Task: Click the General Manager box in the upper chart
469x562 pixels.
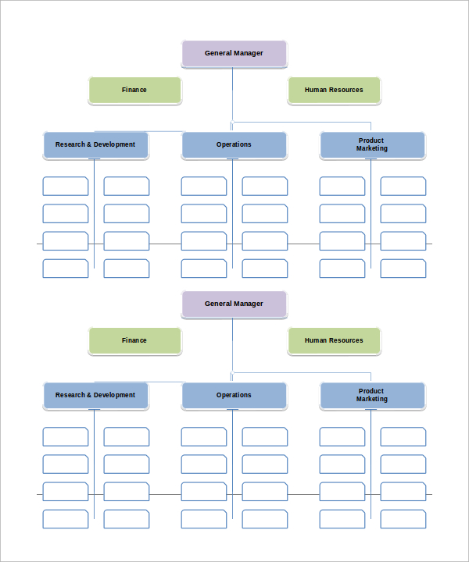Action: (x=234, y=53)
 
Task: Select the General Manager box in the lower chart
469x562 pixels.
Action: (x=234, y=304)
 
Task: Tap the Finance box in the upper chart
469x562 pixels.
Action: (x=134, y=90)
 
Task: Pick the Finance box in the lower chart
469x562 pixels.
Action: (x=134, y=340)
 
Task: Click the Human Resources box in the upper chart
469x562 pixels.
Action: (x=334, y=90)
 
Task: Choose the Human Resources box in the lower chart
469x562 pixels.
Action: (x=334, y=340)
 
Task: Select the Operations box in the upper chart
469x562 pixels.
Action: (x=234, y=144)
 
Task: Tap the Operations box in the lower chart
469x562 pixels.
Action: (x=234, y=395)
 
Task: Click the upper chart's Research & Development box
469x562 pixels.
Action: (x=95, y=144)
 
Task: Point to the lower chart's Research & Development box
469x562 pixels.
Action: (x=95, y=395)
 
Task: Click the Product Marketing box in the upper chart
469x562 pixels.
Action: (x=372, y=144)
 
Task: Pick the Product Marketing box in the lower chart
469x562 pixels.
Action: (x=372, y=395)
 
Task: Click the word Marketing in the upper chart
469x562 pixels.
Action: (x=372, y=148)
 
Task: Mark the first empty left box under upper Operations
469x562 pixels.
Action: (x=204, y=186)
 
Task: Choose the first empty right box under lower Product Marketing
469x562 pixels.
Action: (x=403, y=436)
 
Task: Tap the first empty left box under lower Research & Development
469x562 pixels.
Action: (x=66, y=436)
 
